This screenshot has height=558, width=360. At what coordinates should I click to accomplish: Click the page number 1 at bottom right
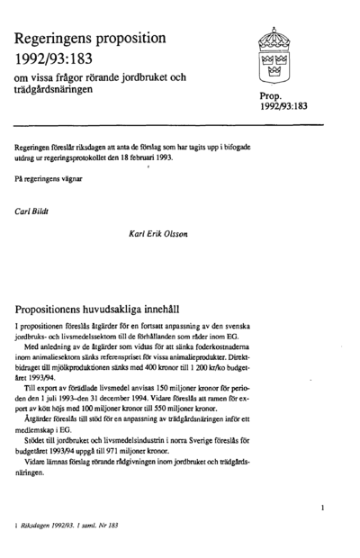321,509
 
